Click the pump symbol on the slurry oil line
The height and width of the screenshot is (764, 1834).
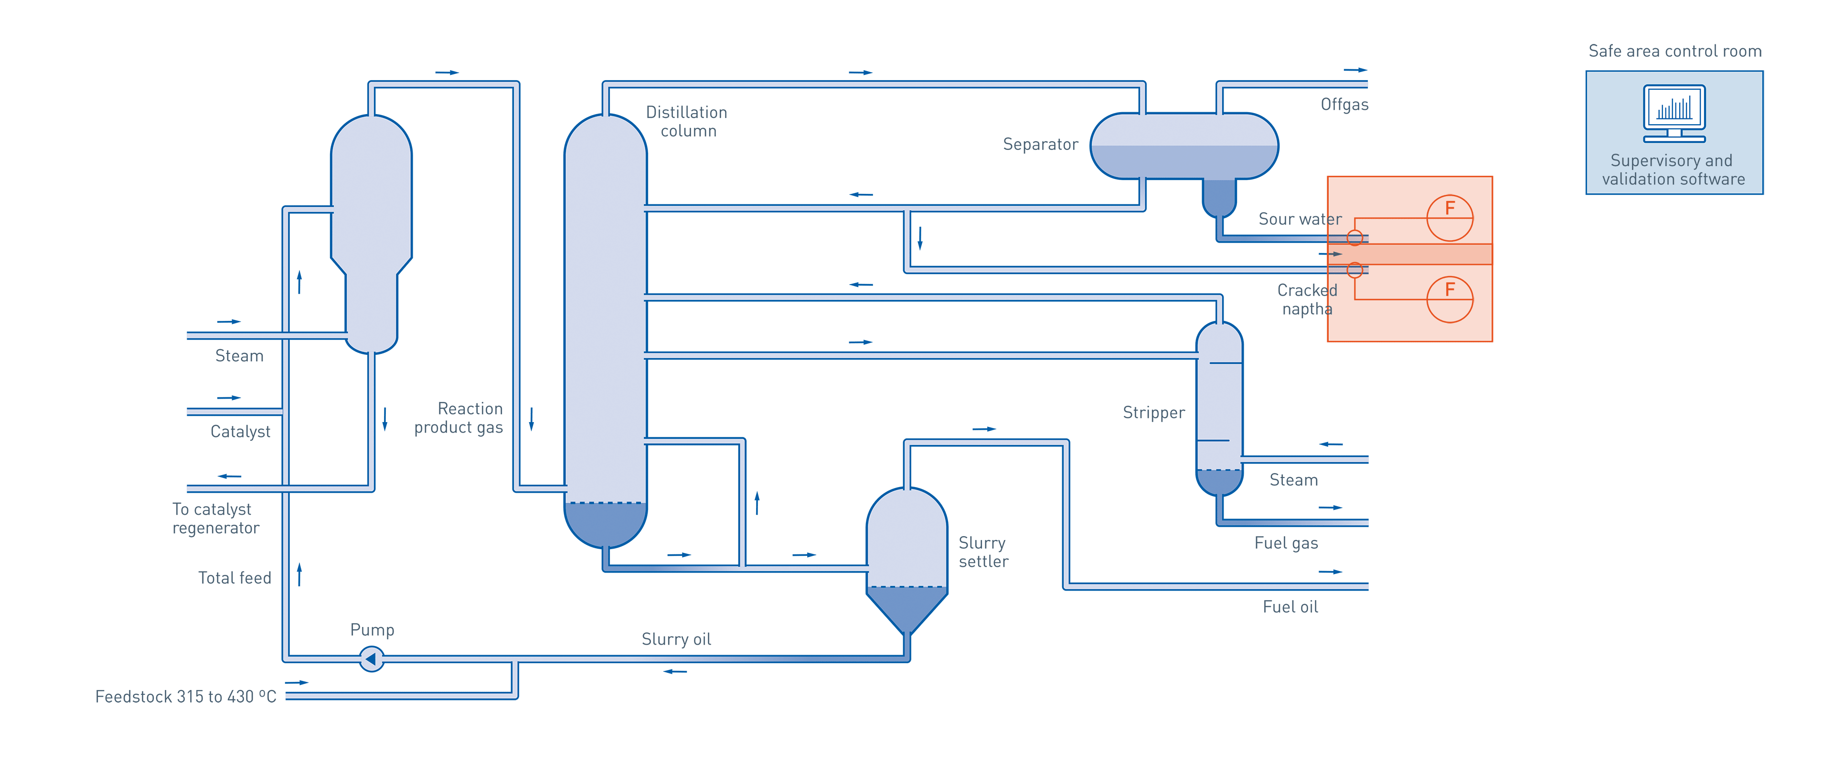pos(371,658)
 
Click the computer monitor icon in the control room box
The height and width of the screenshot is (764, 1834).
pos(1674,113)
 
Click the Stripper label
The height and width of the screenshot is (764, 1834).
pos(1153,413)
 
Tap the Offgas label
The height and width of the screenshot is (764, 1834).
pos(1344,105)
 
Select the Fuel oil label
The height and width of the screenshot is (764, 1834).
pos(1290,606)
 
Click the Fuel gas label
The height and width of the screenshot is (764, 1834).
pos(1286,543)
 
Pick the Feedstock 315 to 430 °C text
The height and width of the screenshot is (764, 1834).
pos(186,696)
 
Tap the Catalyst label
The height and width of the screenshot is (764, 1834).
pos(240,432)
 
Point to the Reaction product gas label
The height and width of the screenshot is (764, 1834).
pos(459,418)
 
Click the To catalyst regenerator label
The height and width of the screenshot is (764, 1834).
pos(214,519)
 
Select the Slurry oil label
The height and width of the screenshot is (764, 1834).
pos(676,639)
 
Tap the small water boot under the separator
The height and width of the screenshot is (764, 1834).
pos(1219,197)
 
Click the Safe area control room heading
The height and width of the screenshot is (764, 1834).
pos(1674,51)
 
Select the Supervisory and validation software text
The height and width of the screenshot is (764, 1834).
pos(1673,170)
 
